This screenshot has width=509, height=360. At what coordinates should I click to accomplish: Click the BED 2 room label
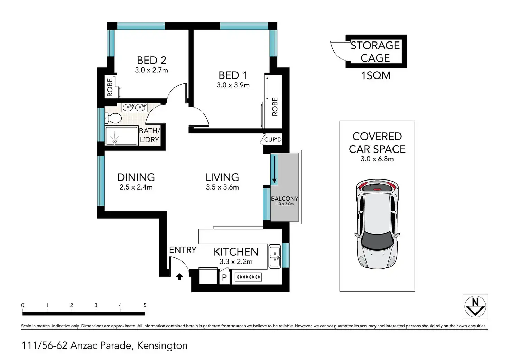[x=151, y=61]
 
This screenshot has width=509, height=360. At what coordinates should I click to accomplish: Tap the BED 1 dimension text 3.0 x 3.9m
[x=233, y=85]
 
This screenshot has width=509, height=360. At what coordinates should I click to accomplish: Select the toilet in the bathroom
[x=113, y=118]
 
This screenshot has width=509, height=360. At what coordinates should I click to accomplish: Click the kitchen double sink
[x=275, y=257]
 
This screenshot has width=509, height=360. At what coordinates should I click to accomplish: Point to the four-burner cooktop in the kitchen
[x=248, y=277]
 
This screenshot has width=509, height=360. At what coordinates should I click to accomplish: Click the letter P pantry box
[x=224, y=277]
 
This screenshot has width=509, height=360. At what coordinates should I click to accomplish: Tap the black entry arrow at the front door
[x=179, y=277]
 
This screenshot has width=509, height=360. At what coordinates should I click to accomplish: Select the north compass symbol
[x=475, y=307]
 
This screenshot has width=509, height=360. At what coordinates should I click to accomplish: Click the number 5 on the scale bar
[x=145, y=305]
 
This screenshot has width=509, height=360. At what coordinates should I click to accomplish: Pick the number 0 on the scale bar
[x=22, y=305]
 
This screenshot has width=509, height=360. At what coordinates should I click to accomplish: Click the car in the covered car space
[x=377, y=224]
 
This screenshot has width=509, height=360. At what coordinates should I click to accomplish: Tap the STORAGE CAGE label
[x=375, y=52]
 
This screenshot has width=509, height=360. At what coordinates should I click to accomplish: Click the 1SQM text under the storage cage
[x=376, y=75]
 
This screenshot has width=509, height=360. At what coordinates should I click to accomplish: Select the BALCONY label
[x=285, y=199]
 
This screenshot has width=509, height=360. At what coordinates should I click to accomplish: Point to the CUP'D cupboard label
[x=273, y=140]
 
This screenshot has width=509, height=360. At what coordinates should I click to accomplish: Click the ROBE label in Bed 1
[x=275, y=107]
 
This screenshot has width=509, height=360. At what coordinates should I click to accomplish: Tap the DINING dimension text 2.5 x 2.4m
[x=136, y=187]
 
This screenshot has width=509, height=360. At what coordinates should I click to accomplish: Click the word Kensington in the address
[x=162, y=346]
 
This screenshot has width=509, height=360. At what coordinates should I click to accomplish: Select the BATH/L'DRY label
[x=149, y=135]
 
